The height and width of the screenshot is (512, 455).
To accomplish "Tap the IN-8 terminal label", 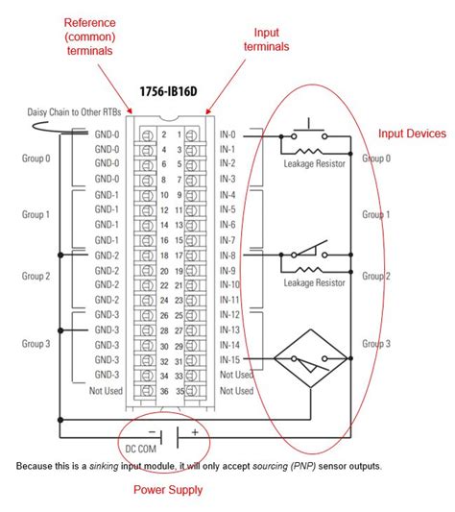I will tap(229, 256).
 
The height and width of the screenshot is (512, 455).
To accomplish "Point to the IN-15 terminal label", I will tap(231, 358).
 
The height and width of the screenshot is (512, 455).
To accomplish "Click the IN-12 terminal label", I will tap(231, 315).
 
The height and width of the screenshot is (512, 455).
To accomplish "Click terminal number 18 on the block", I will tap(178, 256).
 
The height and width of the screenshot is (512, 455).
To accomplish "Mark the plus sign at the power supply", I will tap(195, 432).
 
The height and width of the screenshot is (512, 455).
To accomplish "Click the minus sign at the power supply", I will tap(153, 432).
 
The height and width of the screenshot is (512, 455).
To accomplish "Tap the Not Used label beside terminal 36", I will tap(106, 390).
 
